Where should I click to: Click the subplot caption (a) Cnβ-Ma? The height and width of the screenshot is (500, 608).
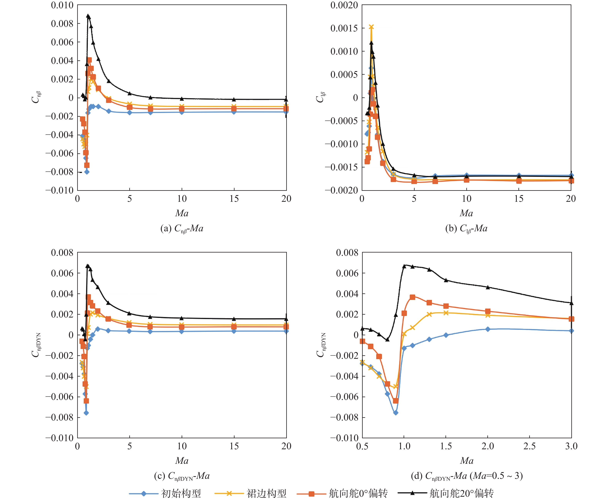pyautogui.click(x=182, y=228)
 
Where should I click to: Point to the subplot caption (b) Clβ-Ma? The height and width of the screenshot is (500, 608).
pyautogui.click(x=466, y=228)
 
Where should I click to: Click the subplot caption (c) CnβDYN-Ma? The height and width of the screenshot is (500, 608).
pyautogui.click(x=182, y=476)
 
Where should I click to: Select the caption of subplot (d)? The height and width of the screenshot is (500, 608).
pyautogui.click(x=467, y=476)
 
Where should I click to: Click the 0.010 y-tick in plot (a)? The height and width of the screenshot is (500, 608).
pyautogui.click(x=62, y=5)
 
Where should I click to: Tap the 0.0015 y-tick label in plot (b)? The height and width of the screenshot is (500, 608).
pyautogui.click(x=344, y=28)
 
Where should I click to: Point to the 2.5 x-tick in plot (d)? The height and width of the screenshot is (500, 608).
pyautogui.click(x=529, y=446)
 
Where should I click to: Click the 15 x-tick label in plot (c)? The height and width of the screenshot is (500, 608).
pyautogui.click(x=234, y=446)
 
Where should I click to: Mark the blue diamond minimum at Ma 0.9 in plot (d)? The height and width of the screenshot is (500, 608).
pyautogui.click(x=396, y=413)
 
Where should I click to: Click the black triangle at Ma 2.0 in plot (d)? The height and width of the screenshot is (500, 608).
pyautogui.click(x=488, y=287)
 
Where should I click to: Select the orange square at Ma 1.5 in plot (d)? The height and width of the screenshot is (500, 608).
pyautogui.click(x=446, y=306)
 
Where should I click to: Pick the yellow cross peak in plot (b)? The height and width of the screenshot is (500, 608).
pyautogui.click(x=371, y=27)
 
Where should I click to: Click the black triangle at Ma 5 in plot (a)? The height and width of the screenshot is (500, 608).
pyautogui.click(x=130, y=93)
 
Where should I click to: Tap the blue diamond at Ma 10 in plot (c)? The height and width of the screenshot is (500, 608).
pyautogui.click(x=182, y=332)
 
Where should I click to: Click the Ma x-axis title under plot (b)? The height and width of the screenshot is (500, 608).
pyautogui.click(x=466, y=213)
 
